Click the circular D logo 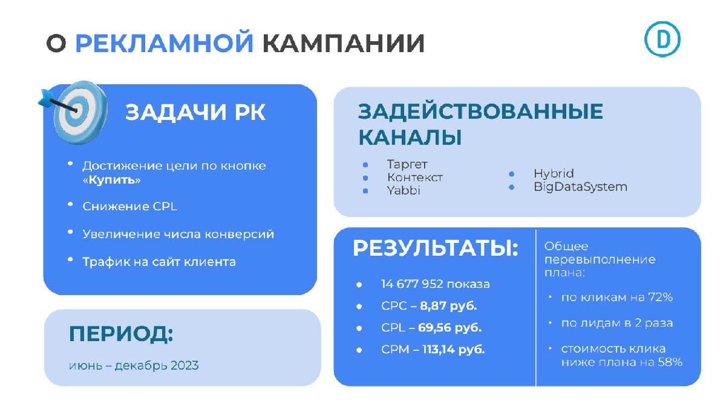pos(662,39)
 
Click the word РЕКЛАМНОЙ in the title pos(164,42)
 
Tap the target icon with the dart pos(74,111)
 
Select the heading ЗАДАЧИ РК pos(195,112)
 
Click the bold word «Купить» pos(111,180)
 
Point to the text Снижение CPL pos(129,207)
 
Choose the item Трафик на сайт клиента pos(159,262)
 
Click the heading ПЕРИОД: pos(121,334)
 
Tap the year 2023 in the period pos(185,365)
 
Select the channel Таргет pos(407,164)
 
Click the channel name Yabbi pos(404,190)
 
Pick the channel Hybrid pos(554,173)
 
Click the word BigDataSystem pos(580,187)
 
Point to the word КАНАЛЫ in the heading pos(410,138)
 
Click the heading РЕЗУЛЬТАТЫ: pos(436,248)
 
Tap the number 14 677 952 pos(412,284)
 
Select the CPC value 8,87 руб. pos(448,306)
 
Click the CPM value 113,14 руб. pos(453,350)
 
